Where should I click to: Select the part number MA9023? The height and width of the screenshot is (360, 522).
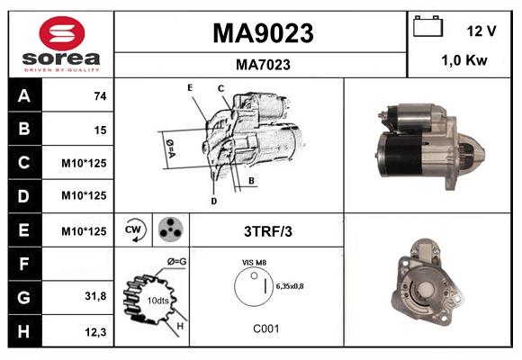262,33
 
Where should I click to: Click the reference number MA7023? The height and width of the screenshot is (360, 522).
262,64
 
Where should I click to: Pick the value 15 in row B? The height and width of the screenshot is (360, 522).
100,130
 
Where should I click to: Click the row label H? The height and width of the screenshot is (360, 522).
24,331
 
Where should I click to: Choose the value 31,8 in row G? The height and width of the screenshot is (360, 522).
95,297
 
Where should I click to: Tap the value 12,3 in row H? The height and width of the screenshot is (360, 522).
95,332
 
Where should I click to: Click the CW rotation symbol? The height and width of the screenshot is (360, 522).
134,230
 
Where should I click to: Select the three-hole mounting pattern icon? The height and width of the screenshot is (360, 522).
167,230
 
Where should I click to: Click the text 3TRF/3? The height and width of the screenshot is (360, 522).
268,231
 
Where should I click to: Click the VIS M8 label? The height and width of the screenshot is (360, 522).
255,262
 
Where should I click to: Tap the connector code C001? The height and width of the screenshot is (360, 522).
265,329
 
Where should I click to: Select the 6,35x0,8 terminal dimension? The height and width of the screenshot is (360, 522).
291,285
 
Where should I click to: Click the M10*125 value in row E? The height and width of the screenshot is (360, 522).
85,231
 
